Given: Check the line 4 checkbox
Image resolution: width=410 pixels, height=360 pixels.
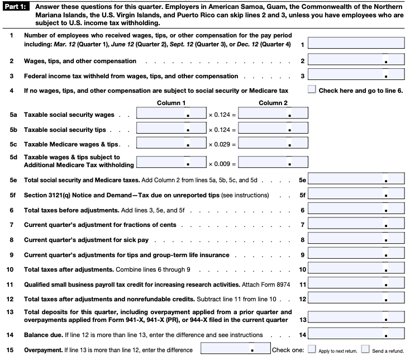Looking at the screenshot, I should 312,89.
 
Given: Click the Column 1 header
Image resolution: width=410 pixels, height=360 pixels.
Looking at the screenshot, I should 171,103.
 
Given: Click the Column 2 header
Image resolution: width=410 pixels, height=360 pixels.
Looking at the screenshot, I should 274,103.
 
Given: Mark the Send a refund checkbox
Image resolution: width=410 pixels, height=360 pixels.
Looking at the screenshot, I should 365,350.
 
